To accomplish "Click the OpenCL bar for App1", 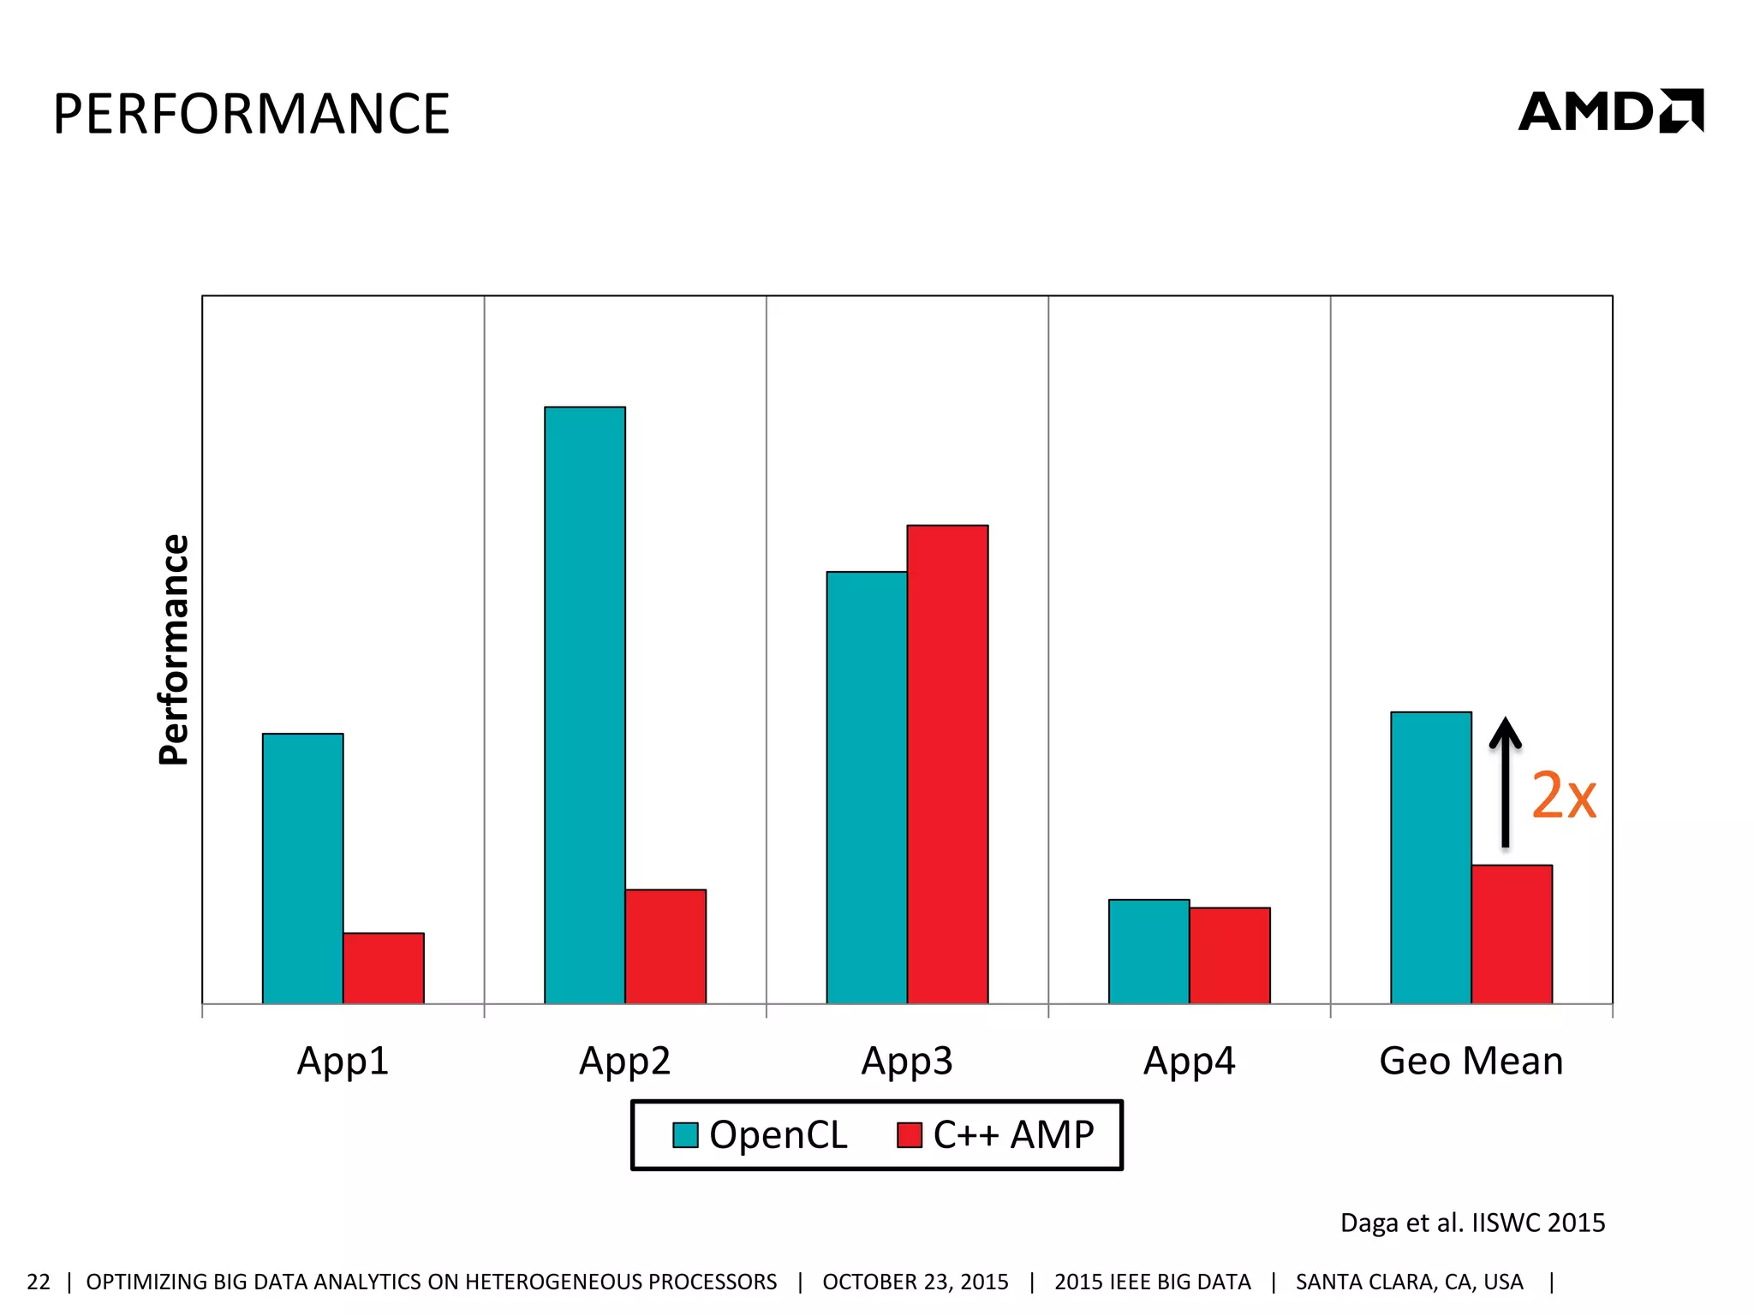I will (x=302, y=868).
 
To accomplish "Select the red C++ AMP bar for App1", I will (x=383, y=968).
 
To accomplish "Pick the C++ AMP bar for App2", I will (x=665, y=946).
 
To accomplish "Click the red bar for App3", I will (x=947, y=764).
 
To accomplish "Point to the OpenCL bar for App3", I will (x=866, y=787).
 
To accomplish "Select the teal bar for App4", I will (x=1148, y=951).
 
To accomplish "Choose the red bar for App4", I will (x=1229, y=955).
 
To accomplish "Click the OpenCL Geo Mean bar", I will (x=1430, y=857).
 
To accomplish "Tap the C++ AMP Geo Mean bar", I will (x=1512, y=934).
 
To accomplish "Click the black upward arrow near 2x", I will (x=1505, y=781).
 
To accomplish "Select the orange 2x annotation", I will (x=1563, y=796).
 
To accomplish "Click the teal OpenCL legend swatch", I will (x=685, y=1135).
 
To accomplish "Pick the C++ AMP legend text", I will (x=1013, y=1135).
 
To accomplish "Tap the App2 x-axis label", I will (x=624, y=1061).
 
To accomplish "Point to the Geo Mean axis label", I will (x=1471, y=1061).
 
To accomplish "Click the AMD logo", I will (x=1610, y=111).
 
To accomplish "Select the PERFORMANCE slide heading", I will (x=251, y=114).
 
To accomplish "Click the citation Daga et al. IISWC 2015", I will (x=1471, y=1223).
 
